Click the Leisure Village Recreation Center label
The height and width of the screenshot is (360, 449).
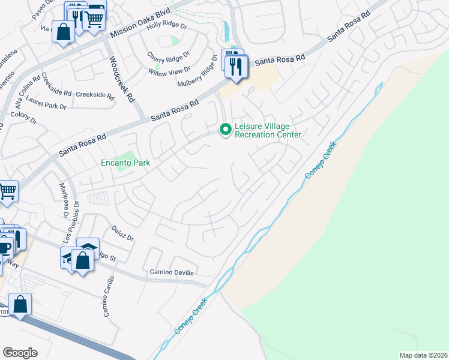tap(267, 130)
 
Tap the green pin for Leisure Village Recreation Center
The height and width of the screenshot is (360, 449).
tap(226, 129)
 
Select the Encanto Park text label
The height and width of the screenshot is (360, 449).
tap(125, 163)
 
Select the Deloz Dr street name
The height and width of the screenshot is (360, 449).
tap(122, 233)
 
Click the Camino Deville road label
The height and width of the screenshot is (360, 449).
tap(172, 272)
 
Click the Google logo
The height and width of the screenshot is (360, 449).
tap(20, 352)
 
